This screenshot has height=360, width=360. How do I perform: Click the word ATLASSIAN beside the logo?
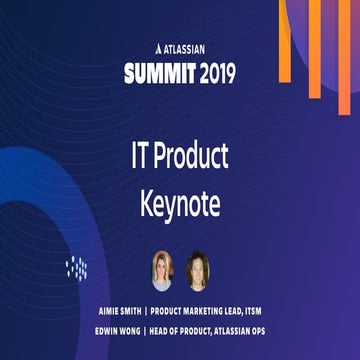click(187, 45)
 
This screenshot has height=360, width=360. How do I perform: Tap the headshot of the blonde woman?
click(160, 270)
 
